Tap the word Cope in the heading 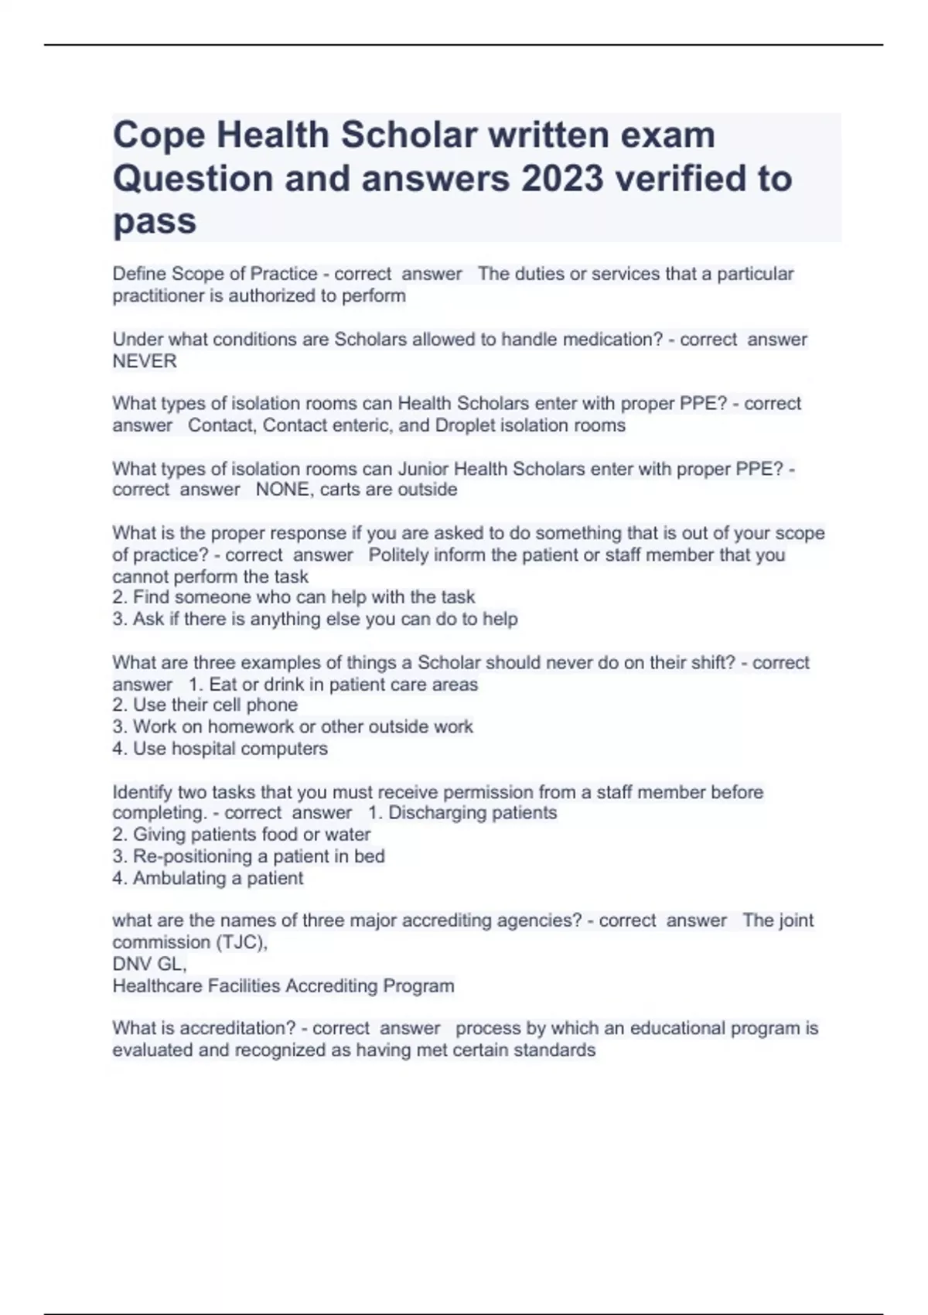pyautogui.click(x=159, y=135)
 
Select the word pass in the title pyautogui.click(x=155, y=222)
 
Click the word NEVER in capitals pyautogui.click(x=145, y=361)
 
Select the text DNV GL pyautogui.click(x=148, y=965)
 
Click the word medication pyautogui.click(x=607, y=340)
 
